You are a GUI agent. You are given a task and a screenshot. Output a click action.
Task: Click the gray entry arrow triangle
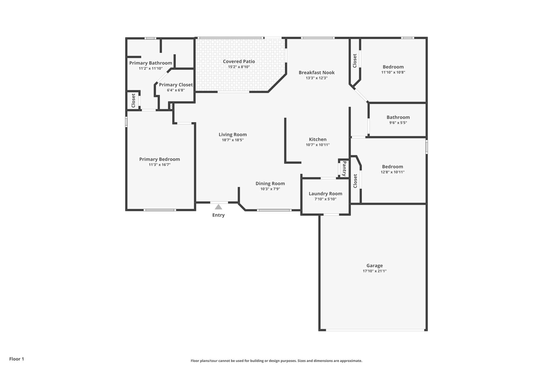(x=218, y=207)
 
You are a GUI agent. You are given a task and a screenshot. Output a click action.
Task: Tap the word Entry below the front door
(x=218, y=215)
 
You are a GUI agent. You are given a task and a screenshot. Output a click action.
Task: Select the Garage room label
(x=375, y=266)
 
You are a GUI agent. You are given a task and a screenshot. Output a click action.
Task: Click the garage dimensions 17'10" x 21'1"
(x=375, y=271)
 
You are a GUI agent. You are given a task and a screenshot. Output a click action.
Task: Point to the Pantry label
(x=344, y=168)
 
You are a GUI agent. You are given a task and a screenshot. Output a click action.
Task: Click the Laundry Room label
(x=325, y=194)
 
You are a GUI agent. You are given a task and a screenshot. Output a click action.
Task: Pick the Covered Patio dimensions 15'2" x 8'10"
(x=239, y=67)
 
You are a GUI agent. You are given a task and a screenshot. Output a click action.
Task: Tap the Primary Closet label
(x=176, y=85)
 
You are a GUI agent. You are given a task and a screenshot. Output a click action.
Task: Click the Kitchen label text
(x=318, y=139)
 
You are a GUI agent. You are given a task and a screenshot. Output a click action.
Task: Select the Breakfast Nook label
(x=316, y=73)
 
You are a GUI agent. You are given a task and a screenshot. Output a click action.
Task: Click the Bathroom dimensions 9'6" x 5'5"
(x=398, y=123)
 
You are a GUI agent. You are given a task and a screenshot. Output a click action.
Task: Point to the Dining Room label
(x=270, y=184)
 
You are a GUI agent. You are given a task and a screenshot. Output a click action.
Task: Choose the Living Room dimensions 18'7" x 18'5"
(x=232, y=140)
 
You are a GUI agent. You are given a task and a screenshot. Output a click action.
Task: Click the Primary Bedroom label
(x=159, y=159)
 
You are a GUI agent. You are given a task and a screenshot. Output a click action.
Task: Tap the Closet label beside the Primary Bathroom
(x=133, y=101)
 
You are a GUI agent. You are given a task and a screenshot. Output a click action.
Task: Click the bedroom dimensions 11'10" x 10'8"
(x=393, y=72)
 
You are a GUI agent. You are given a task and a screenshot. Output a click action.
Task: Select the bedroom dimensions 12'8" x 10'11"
(x=392, y=172)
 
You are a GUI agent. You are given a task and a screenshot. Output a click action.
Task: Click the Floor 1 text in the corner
(x=17, y=359)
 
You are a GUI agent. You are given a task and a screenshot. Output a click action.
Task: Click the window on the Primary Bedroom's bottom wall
(x=160, y=210)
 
